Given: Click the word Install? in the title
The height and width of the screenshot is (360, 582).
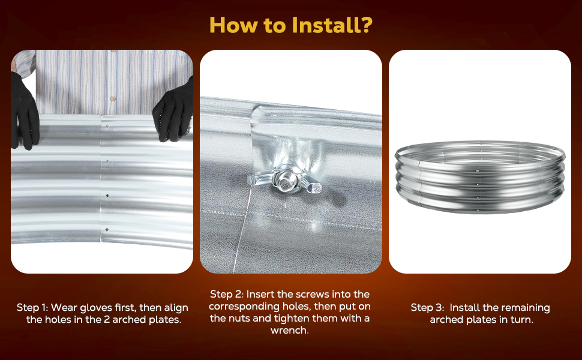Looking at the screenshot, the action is pyautogui.click(x=332, y=25).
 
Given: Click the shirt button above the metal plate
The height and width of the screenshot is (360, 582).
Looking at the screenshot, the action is pyautogui.click(x=113, y=99).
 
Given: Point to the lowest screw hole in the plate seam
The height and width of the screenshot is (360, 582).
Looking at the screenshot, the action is pyautogui.click(x=107, y=230).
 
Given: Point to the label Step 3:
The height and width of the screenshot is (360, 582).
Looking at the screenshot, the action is pyautogui.click(x=427, y=308).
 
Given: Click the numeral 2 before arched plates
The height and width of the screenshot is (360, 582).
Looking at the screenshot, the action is pyautogui.click(x=106, y=320).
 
